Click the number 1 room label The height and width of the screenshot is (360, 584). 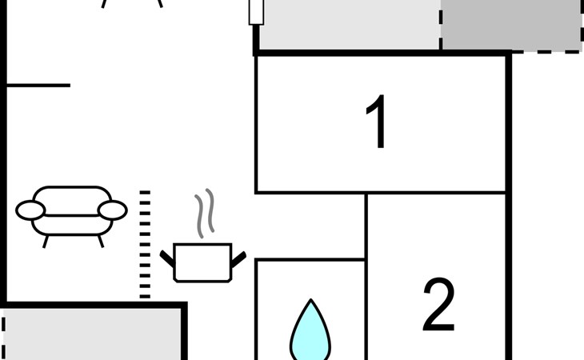(377, 122)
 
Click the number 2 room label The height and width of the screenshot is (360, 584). (438, 305)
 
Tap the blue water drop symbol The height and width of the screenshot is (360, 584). (310, 330)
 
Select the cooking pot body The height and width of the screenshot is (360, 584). (202, 262)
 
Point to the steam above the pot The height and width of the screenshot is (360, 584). (205, 213)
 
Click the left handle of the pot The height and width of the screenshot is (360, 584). (167, 258)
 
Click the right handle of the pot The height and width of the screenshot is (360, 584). (238, 259)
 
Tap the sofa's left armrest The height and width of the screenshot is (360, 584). (30, 210)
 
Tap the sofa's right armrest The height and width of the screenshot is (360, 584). (113, 210)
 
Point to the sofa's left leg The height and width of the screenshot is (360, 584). (46, 242)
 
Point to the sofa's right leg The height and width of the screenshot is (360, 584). (101, 242)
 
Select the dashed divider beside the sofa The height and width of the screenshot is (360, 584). (145, 245)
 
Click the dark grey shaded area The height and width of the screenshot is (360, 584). (511, 25)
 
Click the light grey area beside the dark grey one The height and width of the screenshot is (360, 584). (350, 25)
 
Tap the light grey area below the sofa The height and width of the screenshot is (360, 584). (92, 334)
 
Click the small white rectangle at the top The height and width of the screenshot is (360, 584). (256, 12)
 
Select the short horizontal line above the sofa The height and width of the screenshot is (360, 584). (38, 86)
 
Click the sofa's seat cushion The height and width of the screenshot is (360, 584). (72, 225)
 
